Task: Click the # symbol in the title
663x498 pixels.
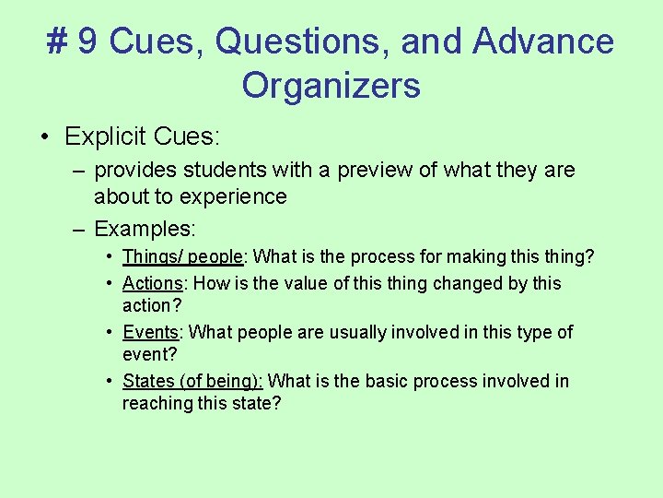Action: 57,41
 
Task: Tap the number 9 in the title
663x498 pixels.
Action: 88,41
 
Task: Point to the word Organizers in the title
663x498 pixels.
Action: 331,86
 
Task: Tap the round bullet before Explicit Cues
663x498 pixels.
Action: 44,137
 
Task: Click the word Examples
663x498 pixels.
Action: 145,228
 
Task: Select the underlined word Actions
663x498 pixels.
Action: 151,283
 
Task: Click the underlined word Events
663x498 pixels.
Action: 149,332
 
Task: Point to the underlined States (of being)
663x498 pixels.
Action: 192,381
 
